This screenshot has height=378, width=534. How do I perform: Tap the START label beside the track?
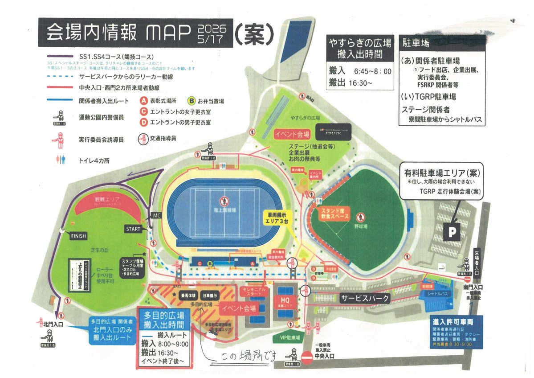coord(133,229)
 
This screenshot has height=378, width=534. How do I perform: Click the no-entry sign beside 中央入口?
coord(307,357)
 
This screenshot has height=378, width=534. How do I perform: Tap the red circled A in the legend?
coord(144,101)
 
